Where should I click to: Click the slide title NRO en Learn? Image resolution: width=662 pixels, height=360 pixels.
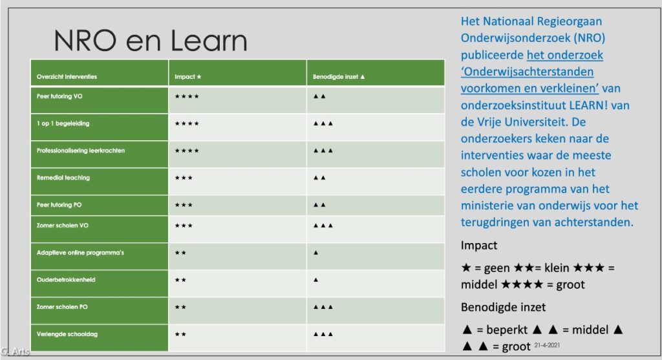(x=150, y=41)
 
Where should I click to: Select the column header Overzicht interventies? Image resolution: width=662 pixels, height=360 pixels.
(x=67, y=77)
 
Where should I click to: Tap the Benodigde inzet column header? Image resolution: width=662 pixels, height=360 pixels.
(x=339, y=77)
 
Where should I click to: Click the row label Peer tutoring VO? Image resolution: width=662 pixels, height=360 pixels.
(x=59, y=96)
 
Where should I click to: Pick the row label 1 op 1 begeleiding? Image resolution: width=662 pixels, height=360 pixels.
(x=63, y=123)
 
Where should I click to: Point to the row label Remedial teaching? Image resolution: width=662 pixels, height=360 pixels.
(x=63, y=178)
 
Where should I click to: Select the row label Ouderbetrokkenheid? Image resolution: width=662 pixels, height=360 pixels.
(x=66, y=280)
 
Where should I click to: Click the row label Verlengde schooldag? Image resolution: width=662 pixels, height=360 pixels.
(x=67, y=334)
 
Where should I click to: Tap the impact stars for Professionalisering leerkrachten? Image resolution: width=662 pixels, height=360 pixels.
(x=187, y=151)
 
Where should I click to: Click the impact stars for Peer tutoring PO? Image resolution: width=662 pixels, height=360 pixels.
(x=184, y=205)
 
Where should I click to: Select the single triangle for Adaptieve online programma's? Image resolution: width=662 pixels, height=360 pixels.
(x=315, y=253)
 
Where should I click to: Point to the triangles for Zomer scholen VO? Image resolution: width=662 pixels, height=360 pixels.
(x=323, y=226)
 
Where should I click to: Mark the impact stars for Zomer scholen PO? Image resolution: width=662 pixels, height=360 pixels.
(x=181, y=307)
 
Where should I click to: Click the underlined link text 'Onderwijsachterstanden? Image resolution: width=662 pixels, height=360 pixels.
(x=527, y=72)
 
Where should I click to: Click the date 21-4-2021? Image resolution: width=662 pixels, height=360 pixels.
(x=547, y=345)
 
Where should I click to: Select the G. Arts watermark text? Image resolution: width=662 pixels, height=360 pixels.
(x=15, y=351)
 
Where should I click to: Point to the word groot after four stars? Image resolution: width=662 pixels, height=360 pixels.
(x=570, y=285)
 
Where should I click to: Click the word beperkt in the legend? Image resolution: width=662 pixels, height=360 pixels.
(x=507, y=330)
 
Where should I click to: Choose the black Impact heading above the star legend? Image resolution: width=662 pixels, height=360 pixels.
(x=479, y=246)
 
